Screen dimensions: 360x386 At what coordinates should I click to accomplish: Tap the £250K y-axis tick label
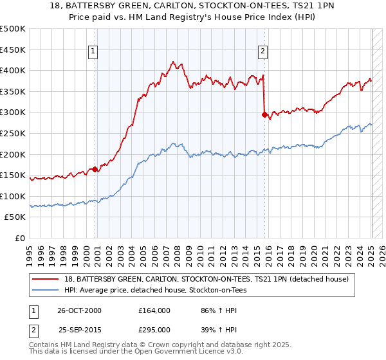(13, 134)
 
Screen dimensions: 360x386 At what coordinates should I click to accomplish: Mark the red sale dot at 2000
(95, 170)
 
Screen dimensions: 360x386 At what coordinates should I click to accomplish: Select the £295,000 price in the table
(155, 330)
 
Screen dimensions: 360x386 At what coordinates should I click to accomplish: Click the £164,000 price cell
(155, 310)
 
